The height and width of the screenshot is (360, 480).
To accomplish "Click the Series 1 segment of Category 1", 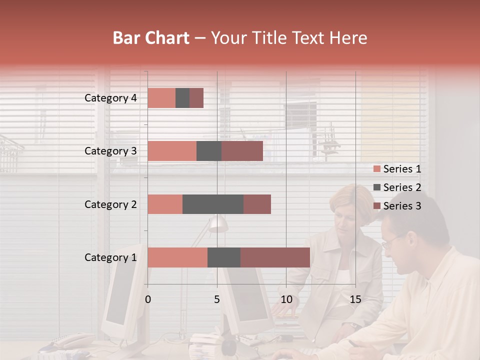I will pos(177,257).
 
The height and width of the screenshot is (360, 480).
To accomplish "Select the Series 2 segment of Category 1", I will pos(224,257).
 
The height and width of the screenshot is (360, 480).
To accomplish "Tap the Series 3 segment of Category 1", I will pos(275,257).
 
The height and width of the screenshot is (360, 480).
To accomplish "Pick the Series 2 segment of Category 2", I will pos(213,204).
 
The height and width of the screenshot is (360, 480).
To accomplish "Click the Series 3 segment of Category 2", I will pos(257,204).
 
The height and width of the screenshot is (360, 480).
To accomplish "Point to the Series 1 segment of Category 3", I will pos(172,151).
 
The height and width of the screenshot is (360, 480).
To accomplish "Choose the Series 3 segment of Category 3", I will pos(242,151).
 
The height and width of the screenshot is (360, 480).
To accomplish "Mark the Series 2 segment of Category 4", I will pos(182,98).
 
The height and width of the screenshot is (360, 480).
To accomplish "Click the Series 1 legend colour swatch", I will pos(376,169).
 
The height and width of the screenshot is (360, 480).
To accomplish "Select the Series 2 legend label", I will pos(402,187).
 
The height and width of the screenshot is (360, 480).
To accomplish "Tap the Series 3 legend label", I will pos(402,206).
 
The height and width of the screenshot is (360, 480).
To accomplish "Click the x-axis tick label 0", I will pos(148,299).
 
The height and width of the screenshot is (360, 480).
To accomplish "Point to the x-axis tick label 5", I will pos(217,299).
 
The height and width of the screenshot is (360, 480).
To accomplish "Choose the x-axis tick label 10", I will pos(286,299).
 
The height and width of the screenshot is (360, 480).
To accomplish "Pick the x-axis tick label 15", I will pos(355,299).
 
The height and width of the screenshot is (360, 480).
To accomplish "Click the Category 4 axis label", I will pos(110,98).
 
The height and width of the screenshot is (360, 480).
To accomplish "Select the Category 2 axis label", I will pos(110,204).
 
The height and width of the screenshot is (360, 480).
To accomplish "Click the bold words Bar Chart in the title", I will pos(151,38).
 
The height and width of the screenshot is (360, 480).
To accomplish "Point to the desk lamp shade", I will pos(218,224).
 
